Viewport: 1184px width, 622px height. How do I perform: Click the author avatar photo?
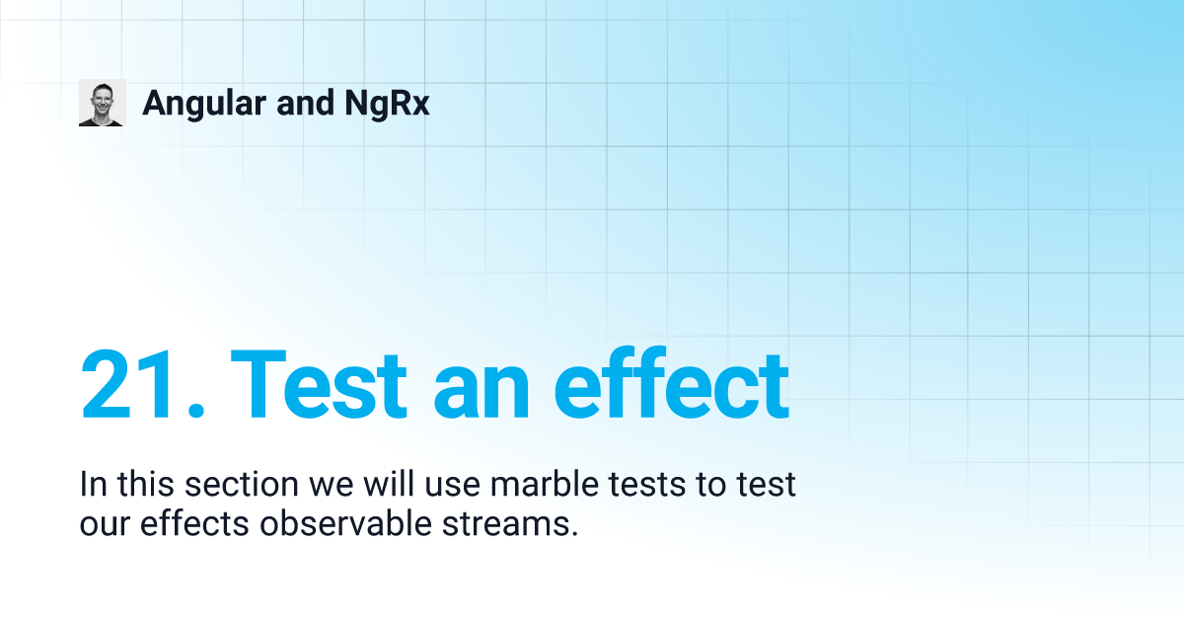103,103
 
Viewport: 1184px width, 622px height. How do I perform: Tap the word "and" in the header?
305,103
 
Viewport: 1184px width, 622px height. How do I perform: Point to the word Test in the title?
320,384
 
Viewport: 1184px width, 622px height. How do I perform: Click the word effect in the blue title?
672,383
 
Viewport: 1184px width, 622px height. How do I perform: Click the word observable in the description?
345,523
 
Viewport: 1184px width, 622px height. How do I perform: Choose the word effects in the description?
194,523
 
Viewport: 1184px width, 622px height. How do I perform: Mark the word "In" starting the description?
93,484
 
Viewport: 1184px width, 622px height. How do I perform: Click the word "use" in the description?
453,487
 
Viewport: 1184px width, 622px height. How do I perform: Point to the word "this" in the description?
145,484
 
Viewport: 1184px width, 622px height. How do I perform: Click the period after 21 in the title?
196,411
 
